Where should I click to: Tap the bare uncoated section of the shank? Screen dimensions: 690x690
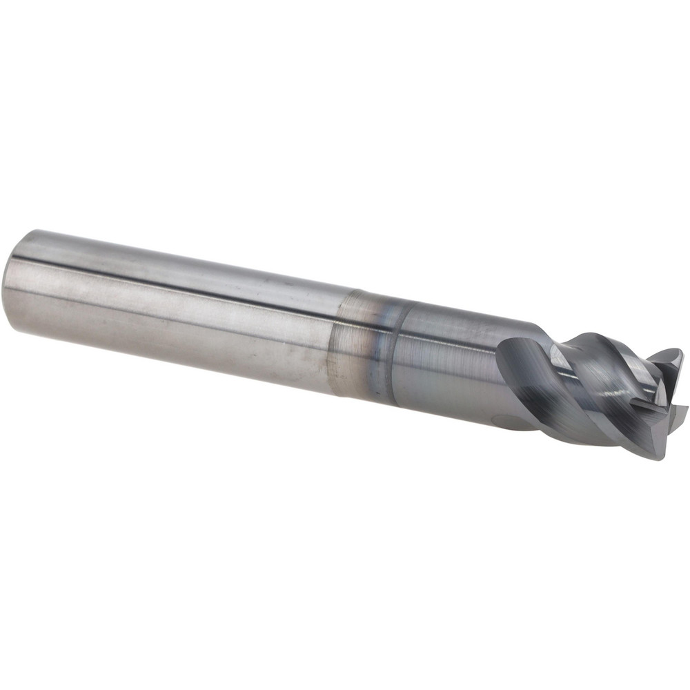coord(172,304)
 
